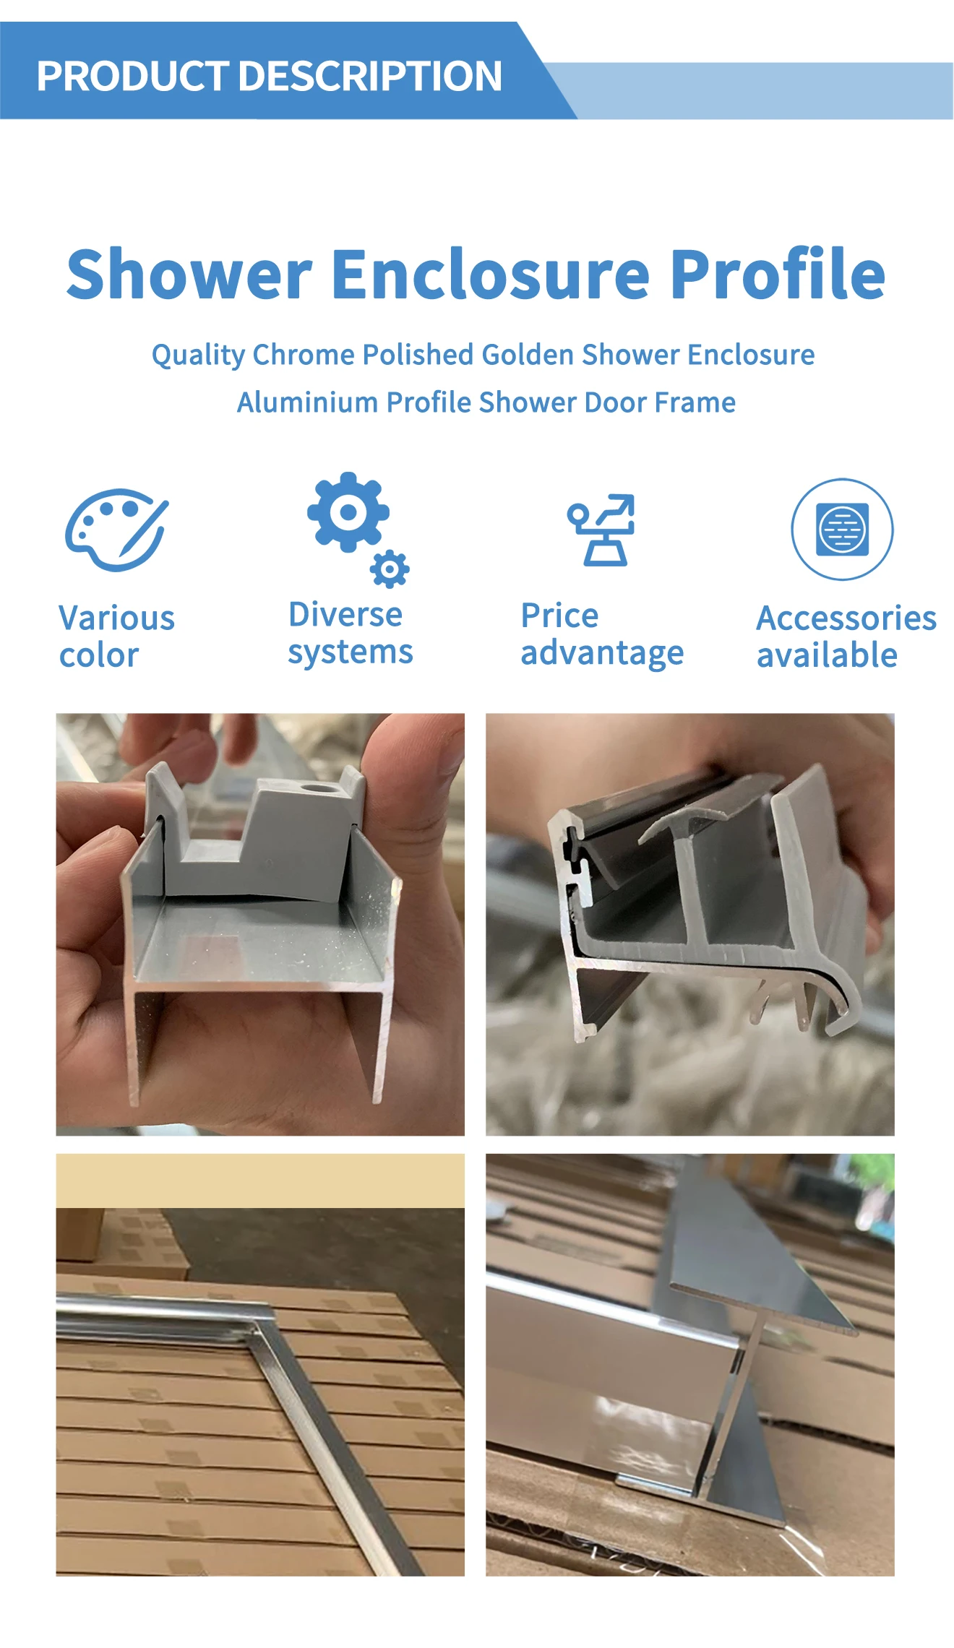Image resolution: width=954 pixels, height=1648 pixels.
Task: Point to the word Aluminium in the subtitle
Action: coord(307,402)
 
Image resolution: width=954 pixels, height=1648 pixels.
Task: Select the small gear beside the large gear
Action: coord(390,569)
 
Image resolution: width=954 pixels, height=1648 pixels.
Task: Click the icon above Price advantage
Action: coord(601,530)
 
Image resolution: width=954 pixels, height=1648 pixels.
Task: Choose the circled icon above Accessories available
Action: coord(842,529)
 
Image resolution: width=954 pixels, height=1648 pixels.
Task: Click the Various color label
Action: coord(117,637)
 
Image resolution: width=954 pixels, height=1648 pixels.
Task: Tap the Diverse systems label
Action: coord(351,634)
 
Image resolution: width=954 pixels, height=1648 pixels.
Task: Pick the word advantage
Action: coord(602,653)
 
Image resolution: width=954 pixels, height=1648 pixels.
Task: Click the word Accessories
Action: coord(846,618)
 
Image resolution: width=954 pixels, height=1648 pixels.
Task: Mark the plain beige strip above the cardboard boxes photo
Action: coord(260,1181)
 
